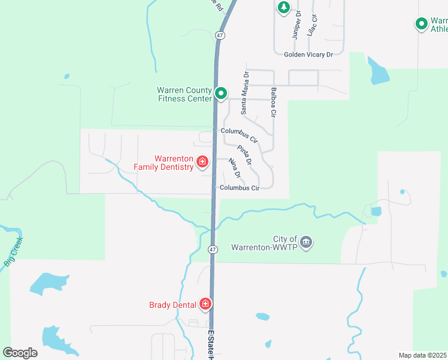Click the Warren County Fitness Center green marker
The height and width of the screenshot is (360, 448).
click(221, 94)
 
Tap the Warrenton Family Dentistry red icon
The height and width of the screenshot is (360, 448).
click(202, 162)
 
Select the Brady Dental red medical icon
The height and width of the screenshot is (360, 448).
click(205, 305)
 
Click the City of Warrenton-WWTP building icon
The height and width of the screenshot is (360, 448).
click(306, 242)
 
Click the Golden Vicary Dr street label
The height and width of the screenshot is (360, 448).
click(308, 55)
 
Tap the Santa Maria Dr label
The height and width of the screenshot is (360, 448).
click(244, 92)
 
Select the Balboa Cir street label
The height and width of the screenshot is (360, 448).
click(273, 103)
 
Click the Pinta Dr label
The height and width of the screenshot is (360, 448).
click(244, 155)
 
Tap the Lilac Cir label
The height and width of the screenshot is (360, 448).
click(311, 25)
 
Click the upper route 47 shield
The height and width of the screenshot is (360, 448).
click(220, 35)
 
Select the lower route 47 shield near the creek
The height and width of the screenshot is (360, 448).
click(213, 249)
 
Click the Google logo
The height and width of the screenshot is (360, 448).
click(20, 353)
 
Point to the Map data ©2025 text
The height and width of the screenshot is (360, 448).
click(422, 355)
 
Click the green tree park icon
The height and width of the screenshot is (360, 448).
click(283, 8)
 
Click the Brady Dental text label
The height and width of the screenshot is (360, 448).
click(172, 305)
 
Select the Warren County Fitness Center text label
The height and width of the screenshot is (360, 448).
click(184, 94)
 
